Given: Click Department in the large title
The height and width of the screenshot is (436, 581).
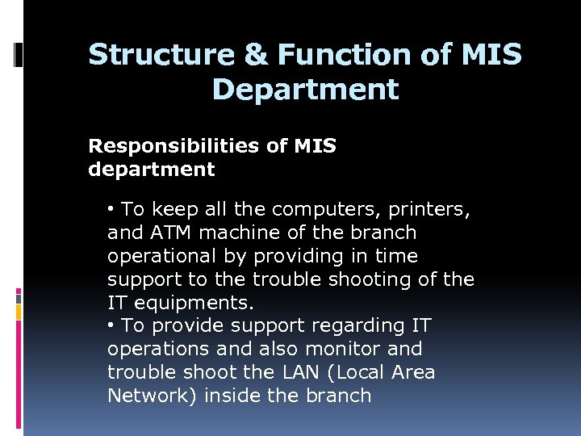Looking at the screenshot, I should tap(305, 88).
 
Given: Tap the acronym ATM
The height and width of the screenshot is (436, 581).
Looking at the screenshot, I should tap(169, 233).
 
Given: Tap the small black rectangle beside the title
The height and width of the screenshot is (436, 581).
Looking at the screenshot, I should tap(19, 54).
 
